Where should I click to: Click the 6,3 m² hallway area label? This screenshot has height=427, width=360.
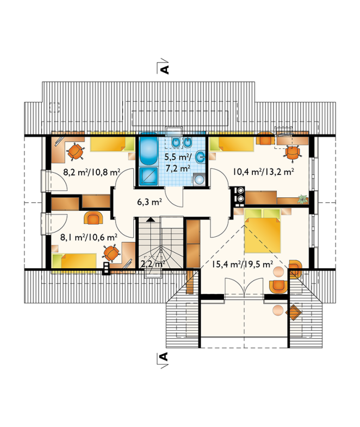tap(150, 202)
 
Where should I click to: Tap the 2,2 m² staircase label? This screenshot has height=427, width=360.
tap(153, 263)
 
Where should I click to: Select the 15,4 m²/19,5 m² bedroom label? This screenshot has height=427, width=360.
tap(243, 264)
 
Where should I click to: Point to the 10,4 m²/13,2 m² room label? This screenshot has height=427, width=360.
tap(263, 172)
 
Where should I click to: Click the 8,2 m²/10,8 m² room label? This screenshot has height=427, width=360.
tap(92, 172)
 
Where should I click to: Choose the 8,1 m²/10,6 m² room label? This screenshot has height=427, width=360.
tap(89, 237)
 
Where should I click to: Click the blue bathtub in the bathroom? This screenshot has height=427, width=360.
tap(148, 149)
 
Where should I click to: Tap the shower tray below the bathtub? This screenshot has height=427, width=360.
tap(148, 176)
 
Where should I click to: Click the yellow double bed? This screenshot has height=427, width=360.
tap(263, 231)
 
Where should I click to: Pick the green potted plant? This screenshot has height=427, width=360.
tap(302, 199)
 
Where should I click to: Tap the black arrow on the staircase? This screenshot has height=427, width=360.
tap(150, 219)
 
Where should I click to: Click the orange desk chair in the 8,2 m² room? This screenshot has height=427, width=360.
tap(76, 152)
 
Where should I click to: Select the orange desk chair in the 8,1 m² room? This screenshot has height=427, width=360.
tap(111, 253)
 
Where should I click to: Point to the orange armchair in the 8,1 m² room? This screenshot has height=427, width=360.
tap(94, 218)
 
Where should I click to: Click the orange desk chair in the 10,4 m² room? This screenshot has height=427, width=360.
tap(292, 153)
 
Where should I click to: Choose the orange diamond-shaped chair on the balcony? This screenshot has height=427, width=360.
tap(294, 312)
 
